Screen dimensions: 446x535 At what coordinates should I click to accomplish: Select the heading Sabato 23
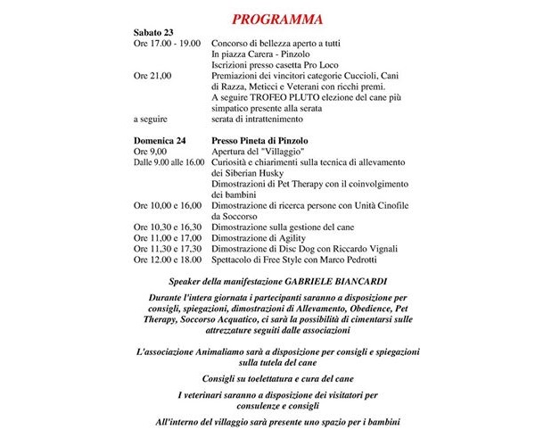coord(153,33)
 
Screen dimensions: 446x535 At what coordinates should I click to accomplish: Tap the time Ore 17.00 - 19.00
coord(167,44)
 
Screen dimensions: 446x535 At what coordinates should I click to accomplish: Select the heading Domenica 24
coord(160,141)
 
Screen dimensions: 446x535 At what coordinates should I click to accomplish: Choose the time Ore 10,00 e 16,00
coord(167,205)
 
